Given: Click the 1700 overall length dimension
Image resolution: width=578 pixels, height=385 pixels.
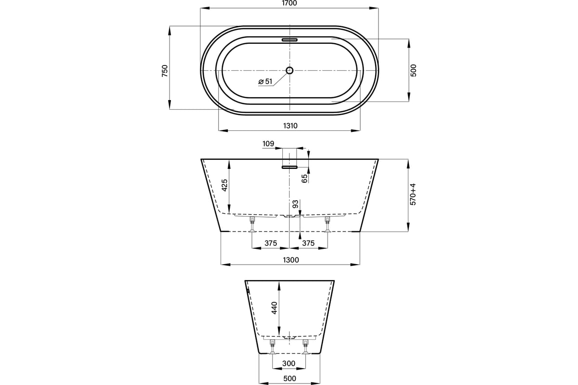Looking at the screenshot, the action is (289, 3).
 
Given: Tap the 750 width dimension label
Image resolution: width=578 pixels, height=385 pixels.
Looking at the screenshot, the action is (165, 71).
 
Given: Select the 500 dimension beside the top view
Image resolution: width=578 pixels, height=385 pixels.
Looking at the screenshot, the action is (413, 70).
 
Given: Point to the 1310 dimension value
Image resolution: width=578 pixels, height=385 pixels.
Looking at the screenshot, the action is (290, 126).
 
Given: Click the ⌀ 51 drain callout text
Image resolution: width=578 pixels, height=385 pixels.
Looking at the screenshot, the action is (265, 81).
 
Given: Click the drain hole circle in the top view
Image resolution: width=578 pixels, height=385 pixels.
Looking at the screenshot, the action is (289, 70).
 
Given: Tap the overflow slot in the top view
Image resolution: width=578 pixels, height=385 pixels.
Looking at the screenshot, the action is (289, 40).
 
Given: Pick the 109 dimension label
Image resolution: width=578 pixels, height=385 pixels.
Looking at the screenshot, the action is (268, 143).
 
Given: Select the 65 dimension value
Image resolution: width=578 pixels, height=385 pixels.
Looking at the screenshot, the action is (305, 179).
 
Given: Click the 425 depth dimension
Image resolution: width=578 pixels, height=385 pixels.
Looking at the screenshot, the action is (225, 185).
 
